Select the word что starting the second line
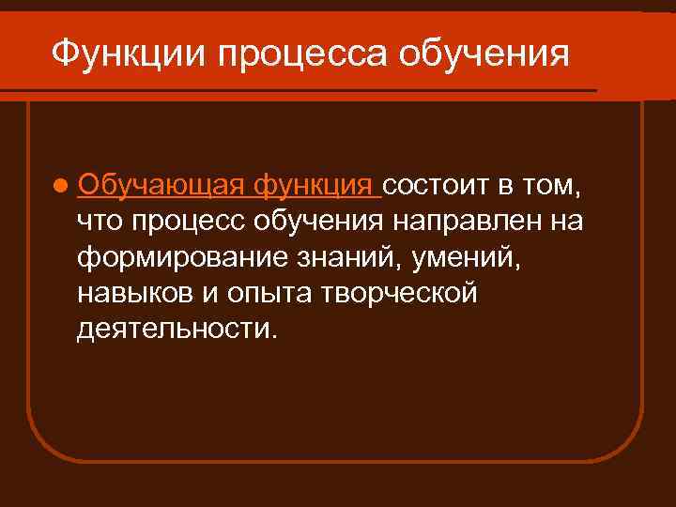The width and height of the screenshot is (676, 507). click(100, 222)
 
